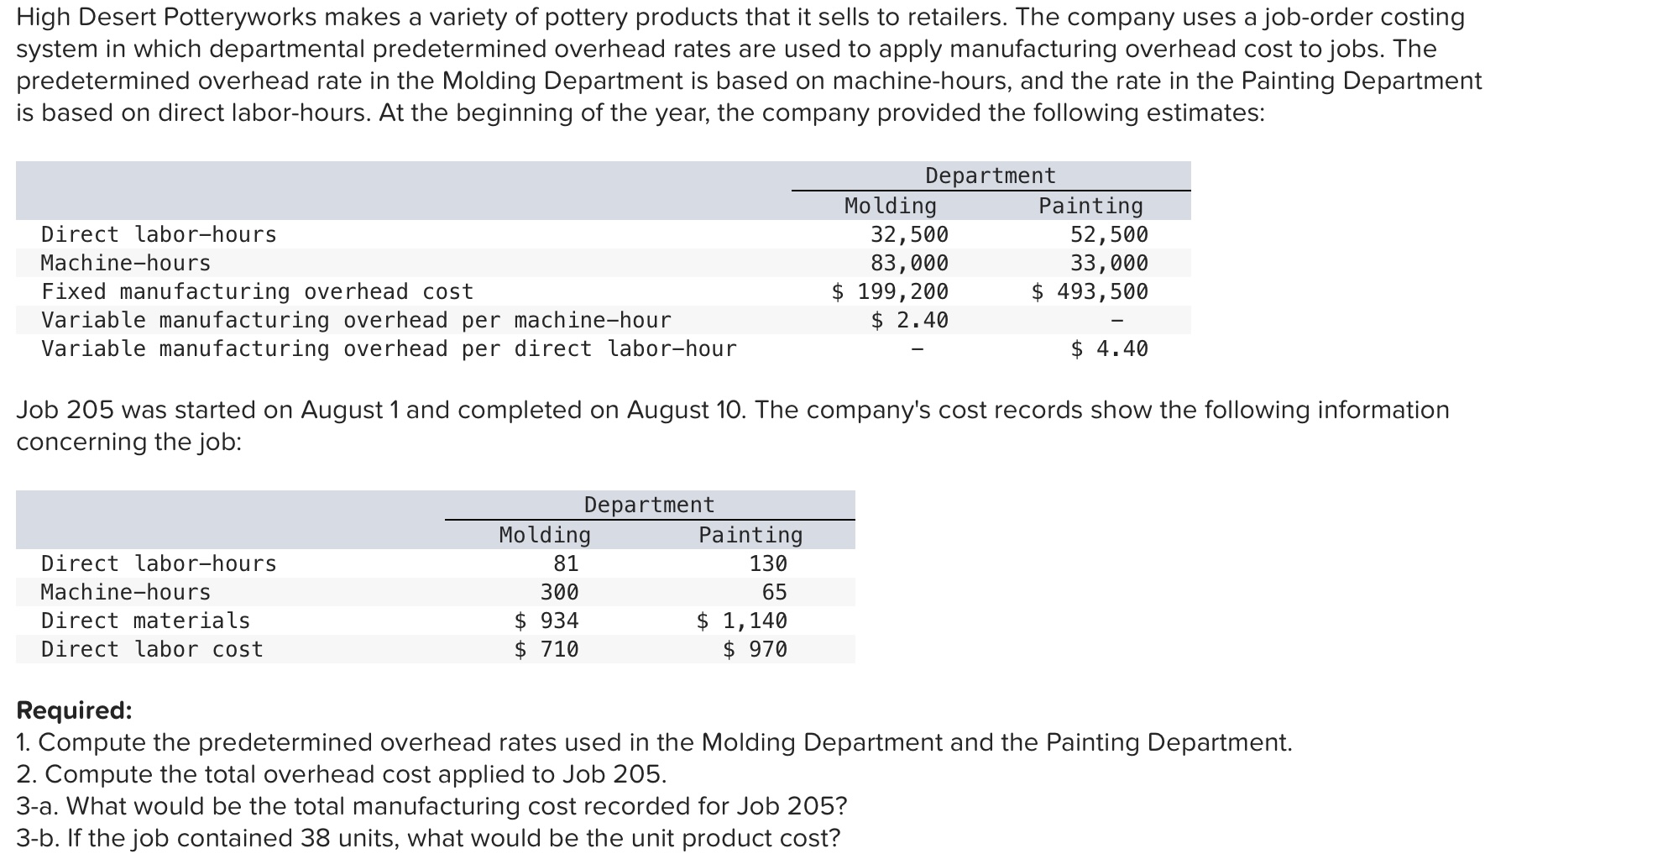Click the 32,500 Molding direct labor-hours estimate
point(909,234)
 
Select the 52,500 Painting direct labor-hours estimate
point(1109,234)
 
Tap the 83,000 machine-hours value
point(909,263)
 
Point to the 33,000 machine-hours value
point(1109,263)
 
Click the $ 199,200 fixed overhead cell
point(890,291)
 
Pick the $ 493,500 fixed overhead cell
point(1090,291)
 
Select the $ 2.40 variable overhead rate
point(909,320)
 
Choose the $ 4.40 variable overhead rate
point(1109,348)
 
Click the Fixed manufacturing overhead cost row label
point(257,291)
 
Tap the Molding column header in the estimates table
point(890,206)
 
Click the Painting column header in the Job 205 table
point(750,535)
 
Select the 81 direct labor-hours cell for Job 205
point(566,563)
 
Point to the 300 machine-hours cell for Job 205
point(559,592)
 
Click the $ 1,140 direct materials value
point(742,621)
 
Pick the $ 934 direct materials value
point(546,621)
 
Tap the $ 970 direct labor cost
point(755,649)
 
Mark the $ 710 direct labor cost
point(546,649)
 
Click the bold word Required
point(74,710)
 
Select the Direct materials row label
point(145,621)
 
